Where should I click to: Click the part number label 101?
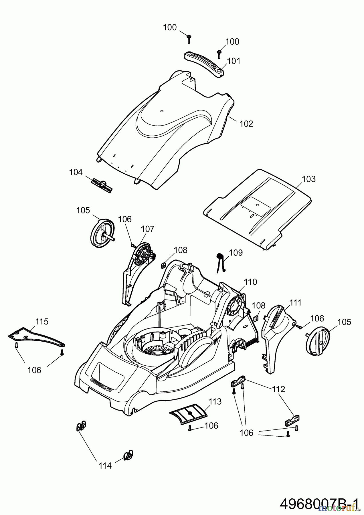coord(234,61)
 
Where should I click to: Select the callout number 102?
coord(246,124)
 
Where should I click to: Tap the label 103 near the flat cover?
coord(309,179)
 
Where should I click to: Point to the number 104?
coord(76,172)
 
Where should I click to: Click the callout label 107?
coord(148,229)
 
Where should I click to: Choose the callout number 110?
coord(250,282)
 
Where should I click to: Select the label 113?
coord(215,401)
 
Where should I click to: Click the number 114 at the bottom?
coord(105,466)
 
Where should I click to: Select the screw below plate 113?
coord(189,428)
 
